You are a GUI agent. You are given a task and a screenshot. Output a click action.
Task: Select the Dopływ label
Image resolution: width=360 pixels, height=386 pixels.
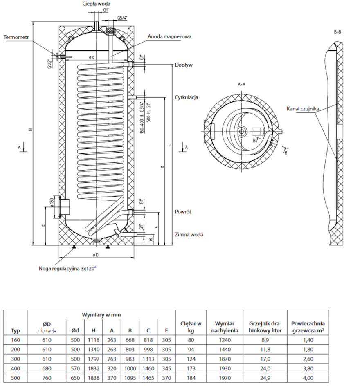184,65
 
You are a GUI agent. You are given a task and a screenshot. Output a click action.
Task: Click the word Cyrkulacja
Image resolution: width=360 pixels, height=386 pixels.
187,97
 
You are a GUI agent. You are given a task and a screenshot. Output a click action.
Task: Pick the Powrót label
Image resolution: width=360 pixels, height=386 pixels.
183,212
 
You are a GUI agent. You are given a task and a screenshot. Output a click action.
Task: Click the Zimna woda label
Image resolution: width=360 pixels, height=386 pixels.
189,235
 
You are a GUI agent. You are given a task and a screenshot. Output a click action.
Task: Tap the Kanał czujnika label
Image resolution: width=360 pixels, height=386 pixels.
303,109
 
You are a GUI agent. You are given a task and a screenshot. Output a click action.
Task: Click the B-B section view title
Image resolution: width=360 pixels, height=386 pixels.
337,31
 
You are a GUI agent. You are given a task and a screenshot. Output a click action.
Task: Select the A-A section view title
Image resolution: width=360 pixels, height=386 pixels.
242,84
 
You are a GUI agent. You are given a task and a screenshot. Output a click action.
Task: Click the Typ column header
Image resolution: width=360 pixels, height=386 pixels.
16,330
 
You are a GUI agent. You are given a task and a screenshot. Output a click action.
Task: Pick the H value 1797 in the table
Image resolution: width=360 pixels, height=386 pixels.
94,359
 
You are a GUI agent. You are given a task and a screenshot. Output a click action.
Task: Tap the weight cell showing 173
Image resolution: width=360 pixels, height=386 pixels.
191,368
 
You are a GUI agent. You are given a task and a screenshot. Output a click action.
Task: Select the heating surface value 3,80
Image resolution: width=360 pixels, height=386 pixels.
308,368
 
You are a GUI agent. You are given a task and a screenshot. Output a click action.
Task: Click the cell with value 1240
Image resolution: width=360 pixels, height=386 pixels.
225,339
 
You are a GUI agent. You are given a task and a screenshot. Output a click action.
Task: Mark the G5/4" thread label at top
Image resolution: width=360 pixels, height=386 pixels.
122,18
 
